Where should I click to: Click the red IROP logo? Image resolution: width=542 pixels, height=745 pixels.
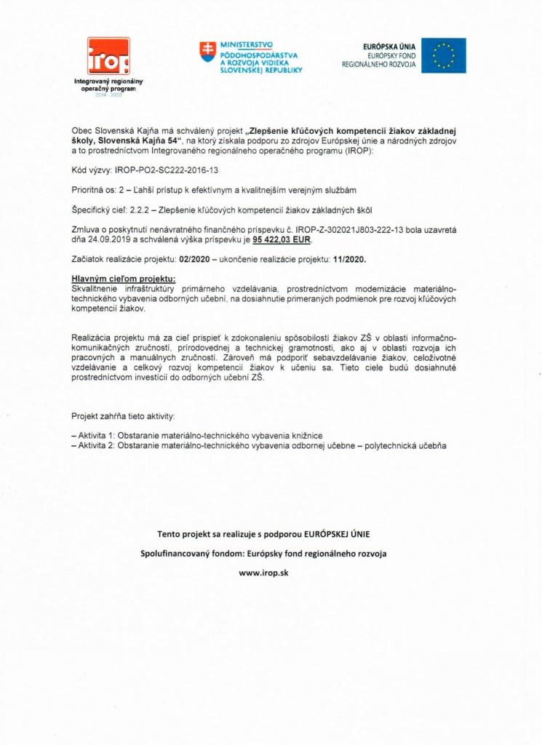108,56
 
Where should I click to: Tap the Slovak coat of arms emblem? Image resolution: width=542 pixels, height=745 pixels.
208,51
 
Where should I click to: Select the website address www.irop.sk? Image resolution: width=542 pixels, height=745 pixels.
271,573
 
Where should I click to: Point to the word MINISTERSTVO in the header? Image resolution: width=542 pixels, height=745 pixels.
246,45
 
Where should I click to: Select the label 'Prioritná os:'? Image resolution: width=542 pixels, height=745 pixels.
95,191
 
